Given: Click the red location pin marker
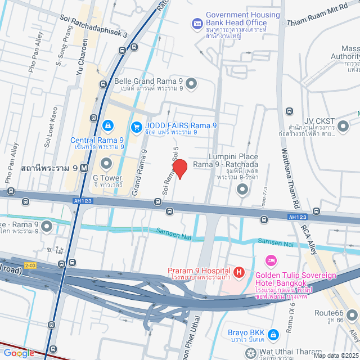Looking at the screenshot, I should point(179,169).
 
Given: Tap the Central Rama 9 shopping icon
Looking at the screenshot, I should point(107,125).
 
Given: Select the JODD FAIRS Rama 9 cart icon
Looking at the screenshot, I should point(136,127).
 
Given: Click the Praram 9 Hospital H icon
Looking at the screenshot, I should point(239,273).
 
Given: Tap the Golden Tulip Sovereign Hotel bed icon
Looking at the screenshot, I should point(271,261).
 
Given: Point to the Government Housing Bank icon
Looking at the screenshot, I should point(197,24).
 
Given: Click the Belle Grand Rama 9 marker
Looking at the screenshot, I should point(191,84).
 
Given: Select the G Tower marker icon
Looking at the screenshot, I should point(106,164).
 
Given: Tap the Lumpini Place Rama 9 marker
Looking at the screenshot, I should point(242,190).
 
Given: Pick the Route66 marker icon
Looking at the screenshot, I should point(352,315).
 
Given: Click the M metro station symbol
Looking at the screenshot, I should point(84,168).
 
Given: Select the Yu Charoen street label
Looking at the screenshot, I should point(82,56).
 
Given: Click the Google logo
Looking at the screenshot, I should point(19,353).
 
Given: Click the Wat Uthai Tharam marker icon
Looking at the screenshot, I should point(251,353).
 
